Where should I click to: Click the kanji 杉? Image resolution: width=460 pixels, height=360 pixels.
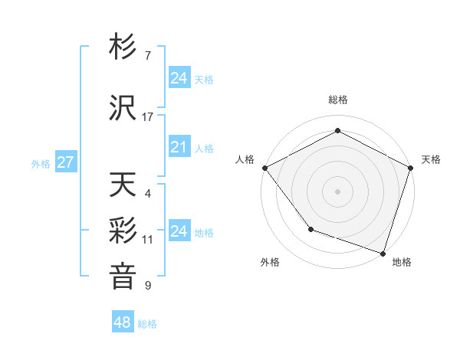[123, 47]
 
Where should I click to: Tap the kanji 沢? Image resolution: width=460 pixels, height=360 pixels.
[123, 108]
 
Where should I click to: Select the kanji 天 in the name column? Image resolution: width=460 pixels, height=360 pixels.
[123, 185]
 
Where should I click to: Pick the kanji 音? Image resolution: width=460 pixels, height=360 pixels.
[123, 276]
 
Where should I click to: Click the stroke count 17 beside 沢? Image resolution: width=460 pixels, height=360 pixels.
[148, 117]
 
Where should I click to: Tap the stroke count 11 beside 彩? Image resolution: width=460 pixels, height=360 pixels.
[148, 240]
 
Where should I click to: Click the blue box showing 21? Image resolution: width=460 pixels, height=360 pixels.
[179, 147]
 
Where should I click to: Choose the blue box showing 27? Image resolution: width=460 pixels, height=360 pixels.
[65, 162]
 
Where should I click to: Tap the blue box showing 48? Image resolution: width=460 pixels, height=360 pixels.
[122, 322]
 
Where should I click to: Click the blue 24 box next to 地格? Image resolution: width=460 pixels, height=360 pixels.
[179, 231]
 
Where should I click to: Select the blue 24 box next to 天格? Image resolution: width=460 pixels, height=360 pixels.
[179, 77]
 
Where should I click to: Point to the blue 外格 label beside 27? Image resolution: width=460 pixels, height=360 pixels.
[41, 163]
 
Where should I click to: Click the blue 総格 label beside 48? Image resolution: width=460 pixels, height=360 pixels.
[147, 324]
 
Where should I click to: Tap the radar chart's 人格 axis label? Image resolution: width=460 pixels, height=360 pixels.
[245, 159]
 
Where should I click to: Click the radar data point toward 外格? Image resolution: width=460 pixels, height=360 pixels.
[310, 228]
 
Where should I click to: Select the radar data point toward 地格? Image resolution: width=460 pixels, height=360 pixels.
[383, 252]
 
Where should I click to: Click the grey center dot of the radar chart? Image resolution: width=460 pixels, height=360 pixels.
[337, 191]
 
